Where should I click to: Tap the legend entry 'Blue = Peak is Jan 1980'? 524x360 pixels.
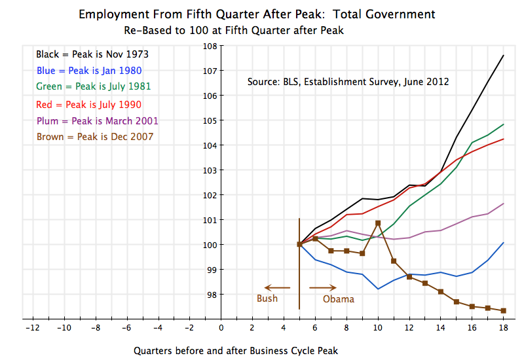(x=89, y=70)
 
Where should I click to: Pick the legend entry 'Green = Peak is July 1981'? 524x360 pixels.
(x=94, y=86)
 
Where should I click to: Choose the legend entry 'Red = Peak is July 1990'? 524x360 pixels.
(x=88, y=104)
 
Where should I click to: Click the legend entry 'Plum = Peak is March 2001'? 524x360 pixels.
(x=97, y=120)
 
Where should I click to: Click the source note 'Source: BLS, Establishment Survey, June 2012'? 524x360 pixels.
(x=348, y=82)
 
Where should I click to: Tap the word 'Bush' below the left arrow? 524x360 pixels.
(x=267, y=298)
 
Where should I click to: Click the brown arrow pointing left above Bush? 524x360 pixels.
(x=276, y=287)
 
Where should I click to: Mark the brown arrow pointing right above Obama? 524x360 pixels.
(x=323, y=287)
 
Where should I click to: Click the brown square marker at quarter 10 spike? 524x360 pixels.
(x=378, y=223)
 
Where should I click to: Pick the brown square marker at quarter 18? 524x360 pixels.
(x=503, y=310)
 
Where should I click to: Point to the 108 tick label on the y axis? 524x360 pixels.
(x=210, y=46)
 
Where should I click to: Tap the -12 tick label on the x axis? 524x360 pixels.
(x=31, y=327)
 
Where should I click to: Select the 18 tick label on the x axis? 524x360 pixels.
(x=503, y=327)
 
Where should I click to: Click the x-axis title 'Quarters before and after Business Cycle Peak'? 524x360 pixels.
(x=236, y=350)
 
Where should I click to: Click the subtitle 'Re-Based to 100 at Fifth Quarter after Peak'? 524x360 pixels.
(x=234, y=30)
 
